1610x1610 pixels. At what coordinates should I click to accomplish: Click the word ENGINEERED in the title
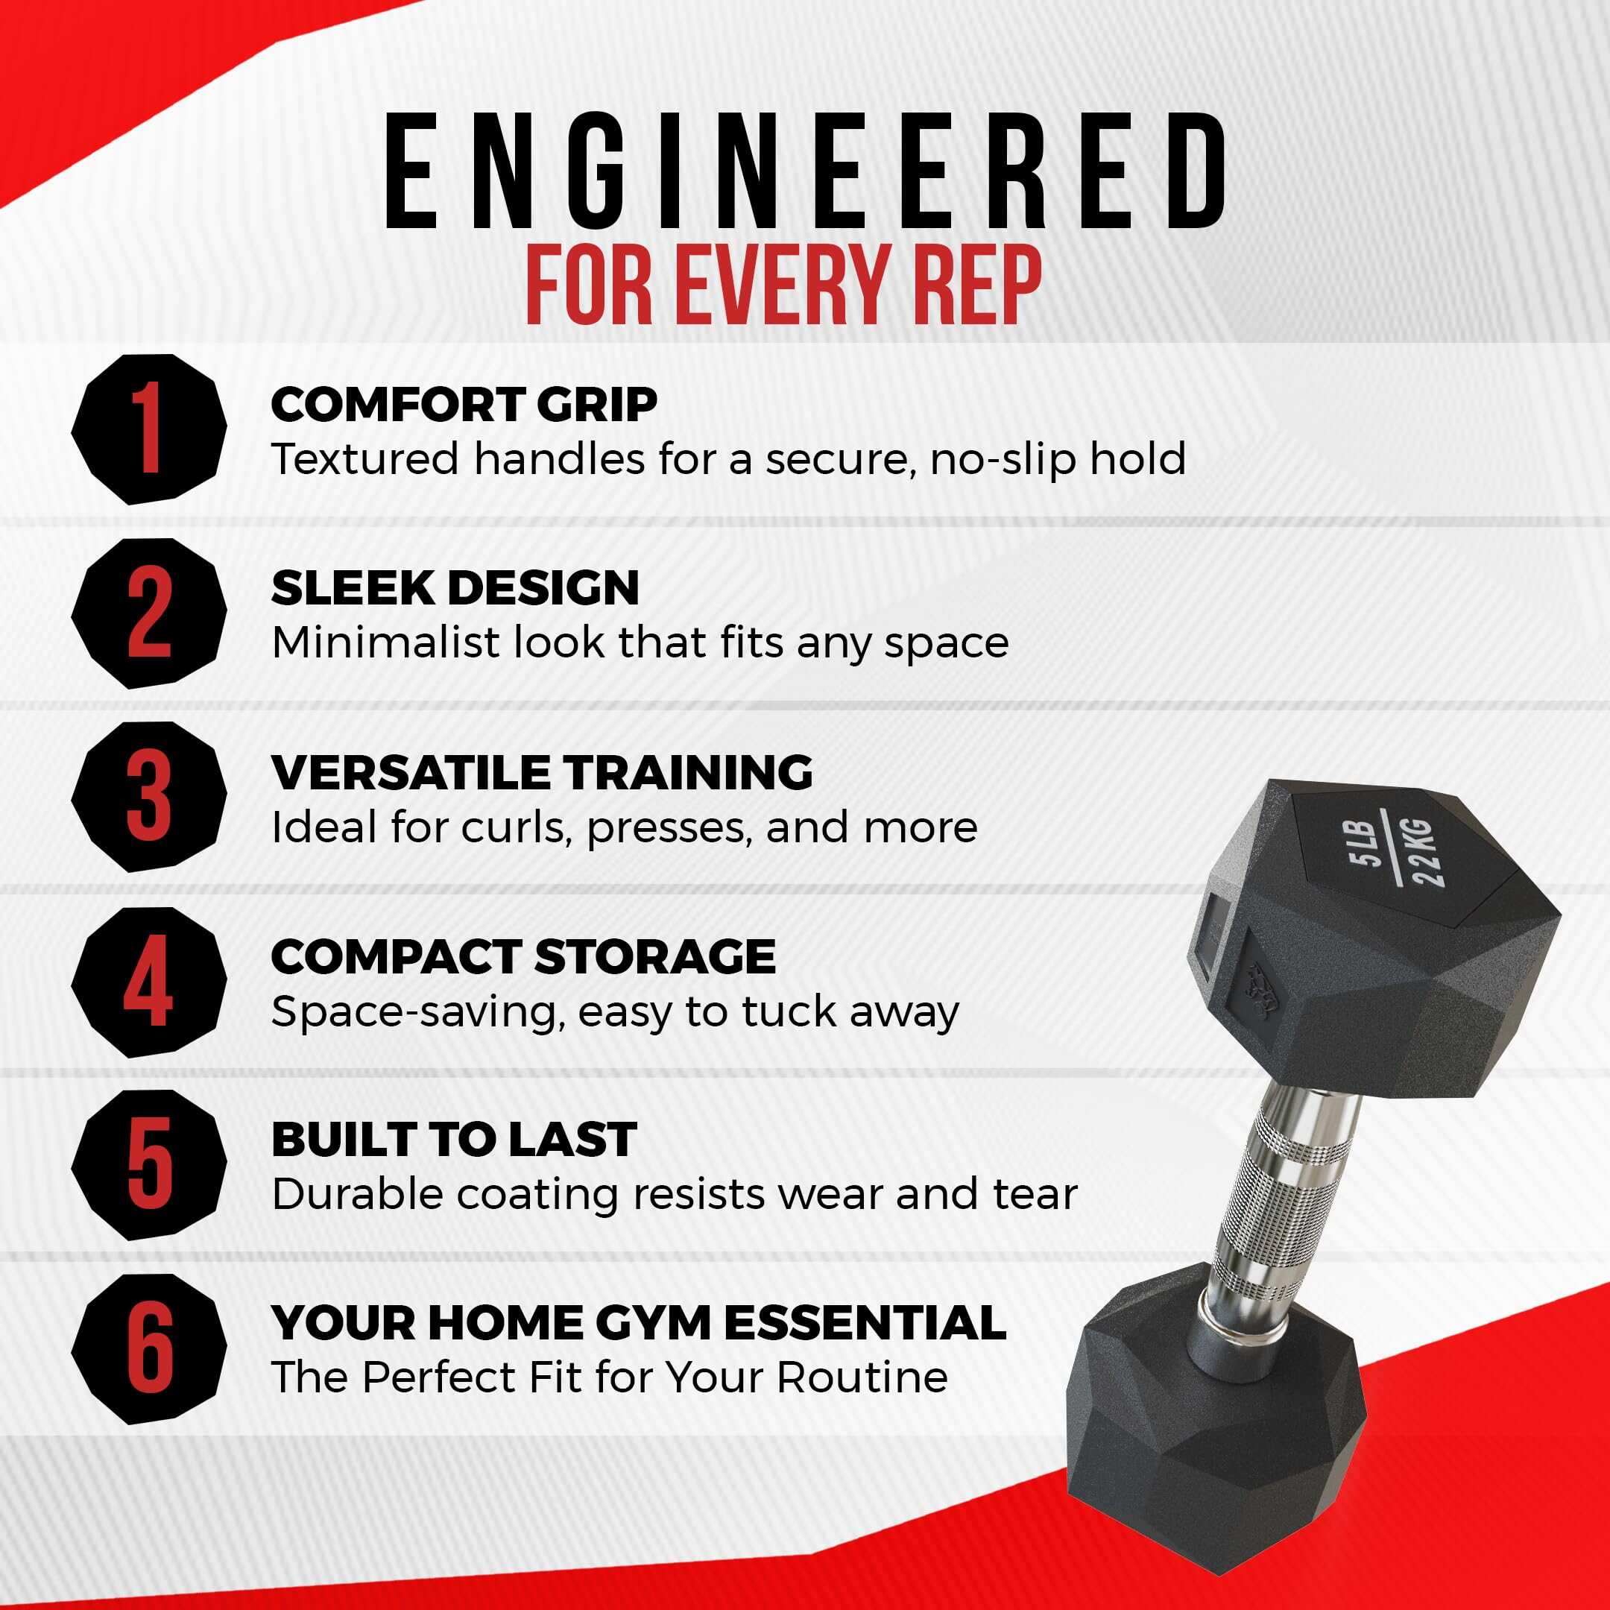804,171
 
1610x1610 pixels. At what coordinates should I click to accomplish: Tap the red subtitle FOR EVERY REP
784,285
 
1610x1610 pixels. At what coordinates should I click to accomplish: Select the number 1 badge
149,429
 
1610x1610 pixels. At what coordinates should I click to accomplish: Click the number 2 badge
149,613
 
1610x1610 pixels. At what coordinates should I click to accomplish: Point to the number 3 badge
149,798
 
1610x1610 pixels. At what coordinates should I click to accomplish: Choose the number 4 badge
149,982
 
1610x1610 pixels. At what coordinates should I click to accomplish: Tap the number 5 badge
149,1165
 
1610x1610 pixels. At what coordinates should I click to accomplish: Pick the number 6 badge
149,1349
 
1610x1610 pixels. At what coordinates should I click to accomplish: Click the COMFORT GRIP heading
464,405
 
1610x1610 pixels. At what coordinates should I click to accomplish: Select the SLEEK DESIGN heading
455,588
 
